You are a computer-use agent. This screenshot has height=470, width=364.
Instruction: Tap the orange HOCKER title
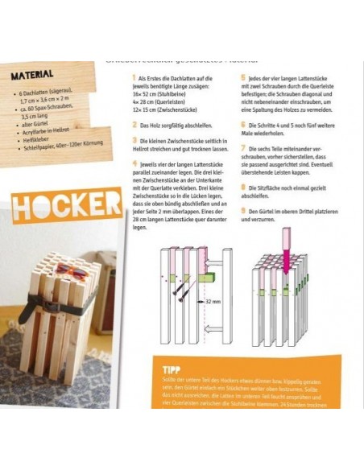tap(67, 206)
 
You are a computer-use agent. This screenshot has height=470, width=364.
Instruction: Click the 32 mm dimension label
tap(213, 300)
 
